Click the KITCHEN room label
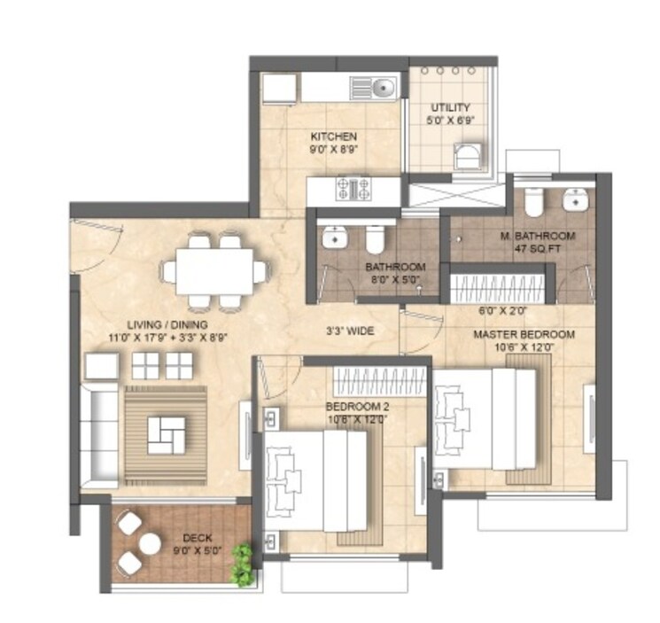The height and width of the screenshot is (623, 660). coord(333,136)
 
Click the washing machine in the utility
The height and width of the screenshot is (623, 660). coord(466,157)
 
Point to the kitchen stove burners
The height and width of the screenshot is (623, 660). coord(353,188)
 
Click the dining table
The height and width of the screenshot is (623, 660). coord(214,269)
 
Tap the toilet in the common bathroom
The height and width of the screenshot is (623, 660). coord(375,238)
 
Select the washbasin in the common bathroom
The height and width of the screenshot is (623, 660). coord(334,238)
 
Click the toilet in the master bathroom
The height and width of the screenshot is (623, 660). coord(533,203)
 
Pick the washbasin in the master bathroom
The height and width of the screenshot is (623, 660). coord(577,200)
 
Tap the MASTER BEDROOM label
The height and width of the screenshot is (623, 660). coord(524,335)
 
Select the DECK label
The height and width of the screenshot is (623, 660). coord(197,537)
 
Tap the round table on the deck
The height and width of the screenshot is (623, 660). coord(149,542)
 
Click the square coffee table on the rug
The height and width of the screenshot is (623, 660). coord(166,433)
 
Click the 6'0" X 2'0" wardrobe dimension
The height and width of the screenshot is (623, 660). coord(502,311)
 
